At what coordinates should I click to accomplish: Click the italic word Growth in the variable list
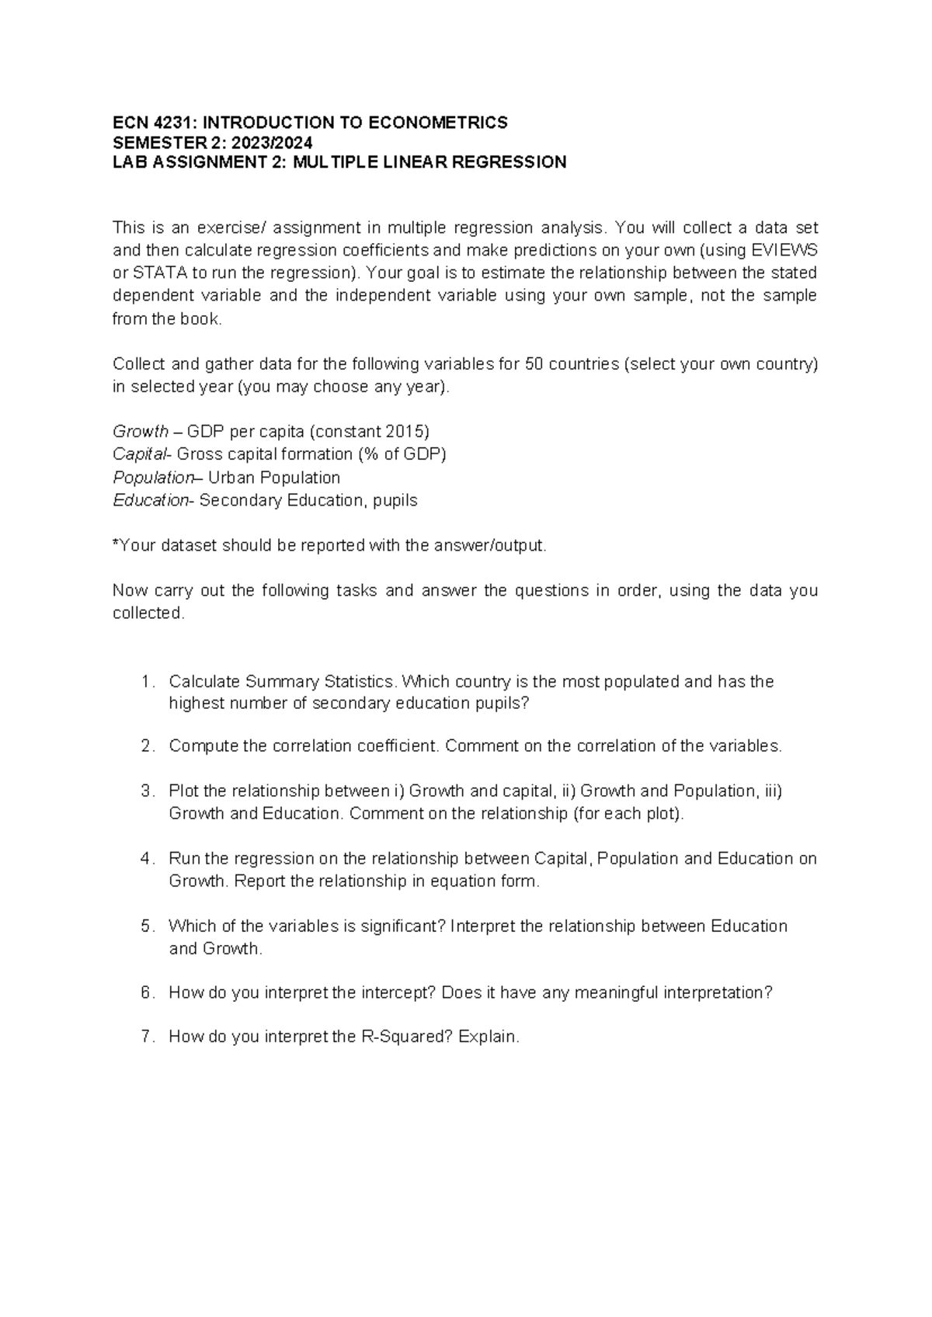(141, 431)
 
